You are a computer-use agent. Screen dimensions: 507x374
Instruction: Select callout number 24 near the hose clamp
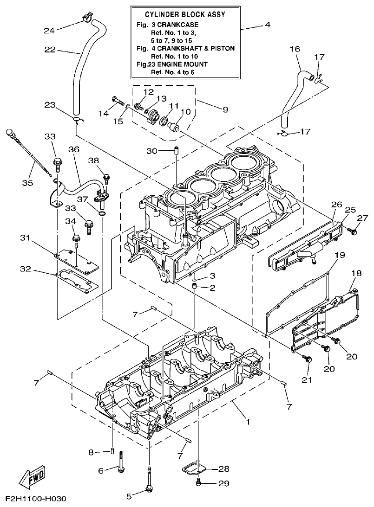click(x=49, y=31)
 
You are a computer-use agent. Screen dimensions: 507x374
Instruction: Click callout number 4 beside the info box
click(x=268, y=25)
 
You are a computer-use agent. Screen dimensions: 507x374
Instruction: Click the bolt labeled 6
click(x=121, y=466)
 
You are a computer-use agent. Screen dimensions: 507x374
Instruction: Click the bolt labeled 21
click(x=307, y=359)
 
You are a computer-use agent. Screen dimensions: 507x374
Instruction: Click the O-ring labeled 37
click(x=102, y=214)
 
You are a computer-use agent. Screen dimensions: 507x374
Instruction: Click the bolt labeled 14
click(x=117, y=99)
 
